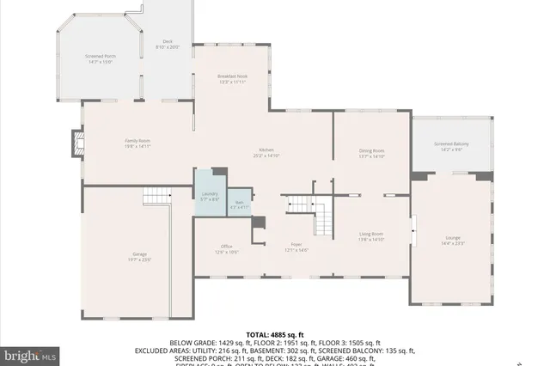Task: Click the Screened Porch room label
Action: [100, 57]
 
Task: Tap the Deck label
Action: [168, 42]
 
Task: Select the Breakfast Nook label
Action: [232, 76]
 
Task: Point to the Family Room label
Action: [138, 140]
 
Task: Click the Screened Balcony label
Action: [451, 144]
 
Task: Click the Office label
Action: [226, 247]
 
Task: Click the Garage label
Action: [139, 255]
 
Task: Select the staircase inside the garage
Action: [155, 195]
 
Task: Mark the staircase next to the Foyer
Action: [310, 215]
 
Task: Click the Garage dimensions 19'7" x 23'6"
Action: [139, 259]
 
